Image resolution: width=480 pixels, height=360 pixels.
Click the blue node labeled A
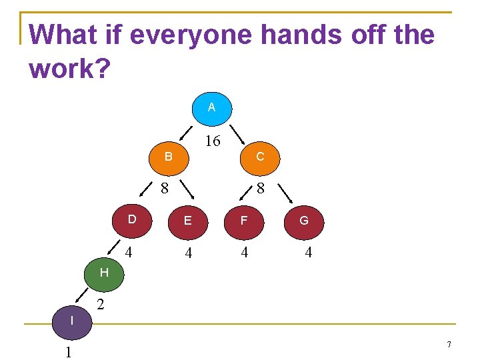(211, 107)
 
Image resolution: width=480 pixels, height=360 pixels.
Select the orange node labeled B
(169, 157)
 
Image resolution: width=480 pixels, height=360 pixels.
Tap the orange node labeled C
(260, 157)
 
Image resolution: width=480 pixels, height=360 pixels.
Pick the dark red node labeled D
(132, 220)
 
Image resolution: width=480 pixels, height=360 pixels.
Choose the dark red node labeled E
(188, 221)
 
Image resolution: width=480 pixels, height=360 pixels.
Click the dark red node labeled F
(244, 221)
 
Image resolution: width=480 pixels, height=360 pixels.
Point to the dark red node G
(303, 221)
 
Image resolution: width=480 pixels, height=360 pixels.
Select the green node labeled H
(104, 273)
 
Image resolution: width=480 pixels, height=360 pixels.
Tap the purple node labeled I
(71, 321)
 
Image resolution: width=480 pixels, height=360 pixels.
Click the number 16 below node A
(213, 141)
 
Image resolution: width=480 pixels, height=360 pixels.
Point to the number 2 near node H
(100, 305)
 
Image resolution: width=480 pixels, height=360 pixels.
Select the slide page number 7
(449, 345)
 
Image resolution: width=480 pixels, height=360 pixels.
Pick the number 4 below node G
(307, 253)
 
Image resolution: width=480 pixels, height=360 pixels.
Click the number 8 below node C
(261, 189)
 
